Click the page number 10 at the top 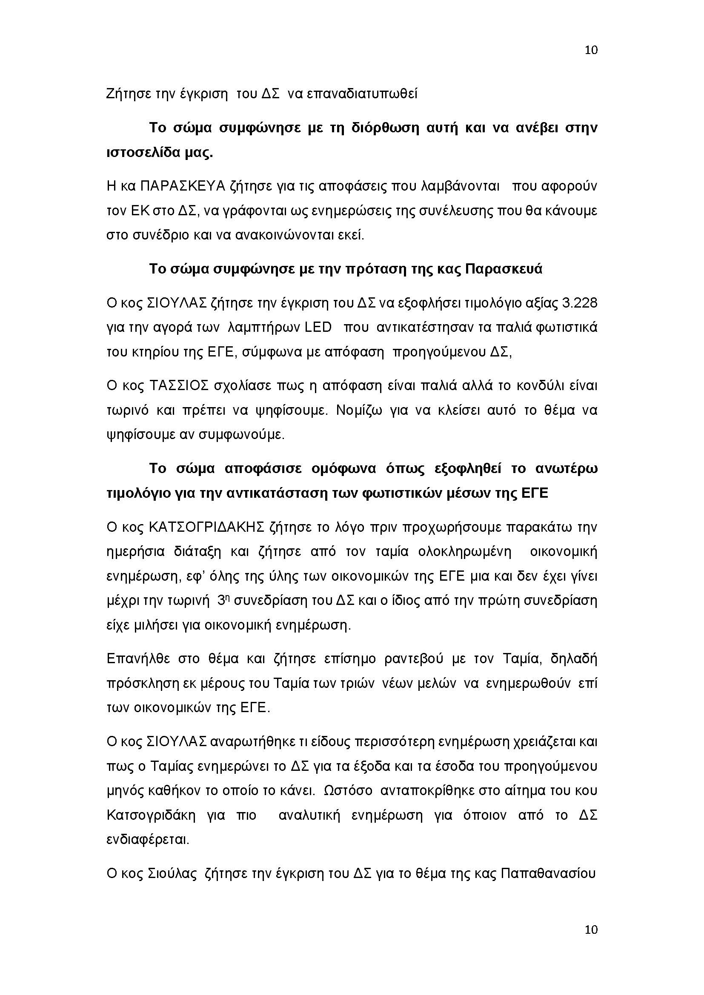591,50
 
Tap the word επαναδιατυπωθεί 362,94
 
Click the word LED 318,328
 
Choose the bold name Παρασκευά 503,269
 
